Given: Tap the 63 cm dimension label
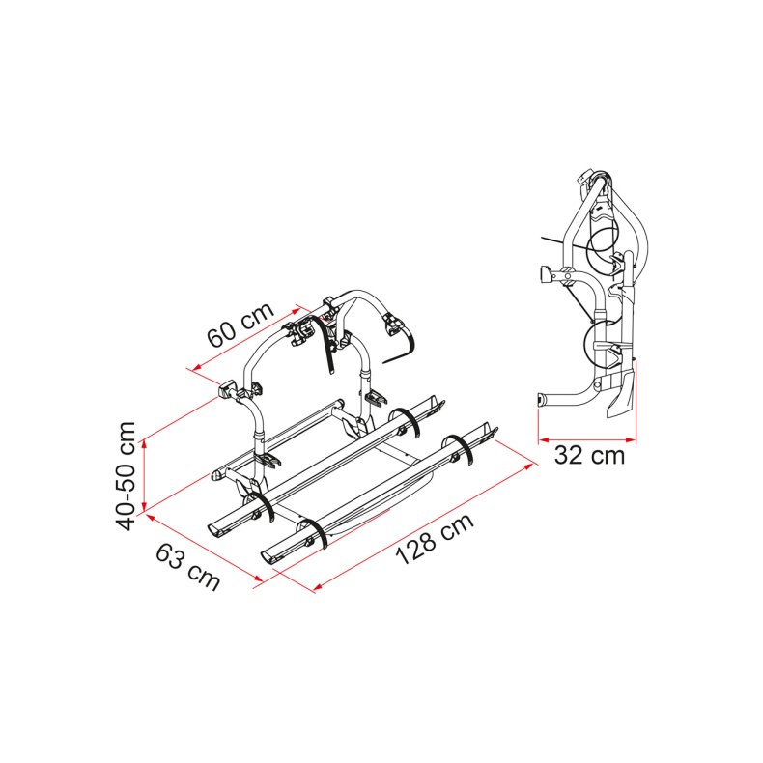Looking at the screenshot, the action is pos(187,566).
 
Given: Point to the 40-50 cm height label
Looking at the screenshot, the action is pos(126,476).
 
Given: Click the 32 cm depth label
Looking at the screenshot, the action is pos(589,456).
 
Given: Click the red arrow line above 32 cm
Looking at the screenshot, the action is pos(587,440).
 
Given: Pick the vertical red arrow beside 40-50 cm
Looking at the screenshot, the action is pos(144,476).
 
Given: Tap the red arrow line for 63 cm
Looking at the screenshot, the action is pos(205,547).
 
